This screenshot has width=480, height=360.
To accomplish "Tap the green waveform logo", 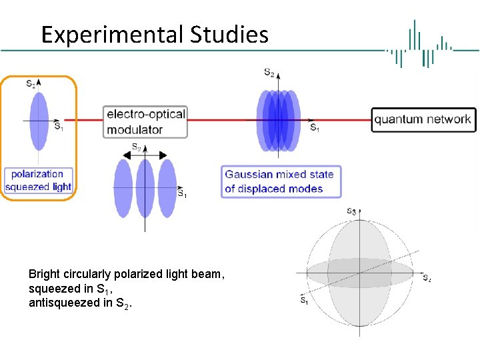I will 421,44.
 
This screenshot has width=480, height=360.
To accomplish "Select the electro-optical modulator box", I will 145,121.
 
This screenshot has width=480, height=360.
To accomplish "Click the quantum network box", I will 423,120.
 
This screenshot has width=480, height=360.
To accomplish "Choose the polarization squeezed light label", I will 37,181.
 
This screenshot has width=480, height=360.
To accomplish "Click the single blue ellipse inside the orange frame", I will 39,121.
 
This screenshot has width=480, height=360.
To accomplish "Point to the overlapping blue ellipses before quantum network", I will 277,120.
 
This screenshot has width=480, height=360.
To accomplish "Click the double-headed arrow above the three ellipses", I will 144,154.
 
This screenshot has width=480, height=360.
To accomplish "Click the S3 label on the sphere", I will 351,211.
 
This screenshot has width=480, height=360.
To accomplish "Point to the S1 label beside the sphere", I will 304,301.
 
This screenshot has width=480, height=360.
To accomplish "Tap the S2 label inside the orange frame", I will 31,84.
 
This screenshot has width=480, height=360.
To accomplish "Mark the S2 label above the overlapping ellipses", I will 269,73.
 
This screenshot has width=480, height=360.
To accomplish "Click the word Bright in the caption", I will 43,274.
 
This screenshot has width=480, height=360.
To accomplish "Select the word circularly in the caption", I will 85,274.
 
